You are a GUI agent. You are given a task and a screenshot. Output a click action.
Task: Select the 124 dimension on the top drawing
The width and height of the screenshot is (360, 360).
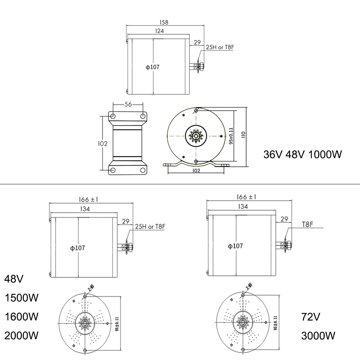[160, 31]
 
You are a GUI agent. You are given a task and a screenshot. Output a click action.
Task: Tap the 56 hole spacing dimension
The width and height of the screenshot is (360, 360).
[128, 104]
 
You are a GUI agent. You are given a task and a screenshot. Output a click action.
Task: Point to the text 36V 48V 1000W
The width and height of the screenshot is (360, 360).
[302, 155]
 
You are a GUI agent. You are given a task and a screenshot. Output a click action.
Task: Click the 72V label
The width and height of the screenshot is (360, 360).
[311, 317]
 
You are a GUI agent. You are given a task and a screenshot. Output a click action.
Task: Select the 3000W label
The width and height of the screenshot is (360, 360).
[319, 336]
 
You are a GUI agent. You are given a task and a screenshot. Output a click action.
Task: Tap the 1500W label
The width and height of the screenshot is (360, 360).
[21, 298]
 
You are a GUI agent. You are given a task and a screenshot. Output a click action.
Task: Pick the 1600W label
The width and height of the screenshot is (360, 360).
[21, 317]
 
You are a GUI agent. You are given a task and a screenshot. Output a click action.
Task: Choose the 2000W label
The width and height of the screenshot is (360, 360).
[21, 336]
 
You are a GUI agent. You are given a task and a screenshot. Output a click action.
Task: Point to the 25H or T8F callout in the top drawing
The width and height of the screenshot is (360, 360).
[220, 47]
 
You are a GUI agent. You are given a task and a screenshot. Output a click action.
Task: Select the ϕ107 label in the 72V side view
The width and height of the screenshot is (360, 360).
[236, 246]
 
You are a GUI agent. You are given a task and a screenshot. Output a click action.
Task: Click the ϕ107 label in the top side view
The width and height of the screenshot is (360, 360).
[152, 67]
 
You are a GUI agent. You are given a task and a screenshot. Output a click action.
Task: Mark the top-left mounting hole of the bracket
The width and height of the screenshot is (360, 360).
[113, 116]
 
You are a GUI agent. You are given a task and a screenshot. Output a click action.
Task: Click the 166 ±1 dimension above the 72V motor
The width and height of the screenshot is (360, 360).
[246, 197]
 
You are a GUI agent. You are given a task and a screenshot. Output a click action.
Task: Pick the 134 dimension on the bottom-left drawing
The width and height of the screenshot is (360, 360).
[85, 209]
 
